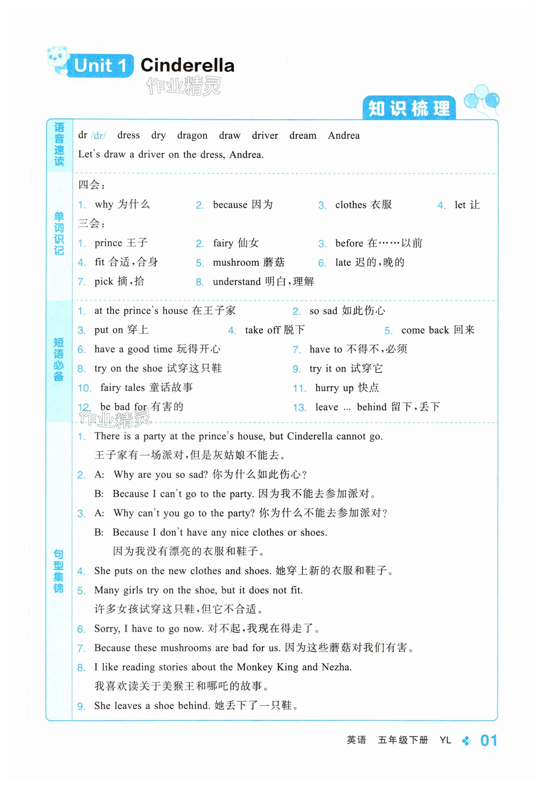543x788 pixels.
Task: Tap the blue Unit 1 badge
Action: point(100,66)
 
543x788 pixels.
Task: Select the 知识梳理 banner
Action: point(409,109)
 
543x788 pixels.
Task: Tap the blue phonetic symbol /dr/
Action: point(99,136)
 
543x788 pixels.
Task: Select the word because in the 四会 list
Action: point(230,205)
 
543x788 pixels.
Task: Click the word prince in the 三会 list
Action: point(108,243)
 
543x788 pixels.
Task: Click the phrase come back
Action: point(425,330)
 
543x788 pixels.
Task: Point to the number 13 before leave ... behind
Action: point(299,407)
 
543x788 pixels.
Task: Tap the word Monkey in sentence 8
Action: point(255,667)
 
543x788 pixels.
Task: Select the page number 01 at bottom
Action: point(489,740)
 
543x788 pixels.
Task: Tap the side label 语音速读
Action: point(59,144)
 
